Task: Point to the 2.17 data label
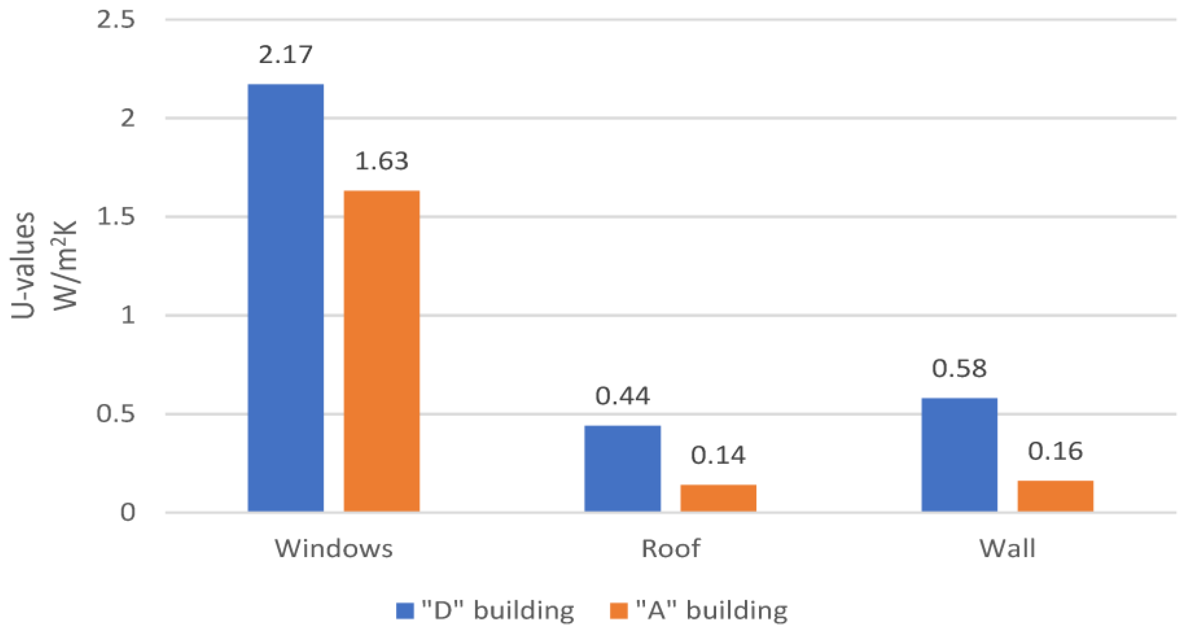[286, 55]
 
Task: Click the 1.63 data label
[381, 161]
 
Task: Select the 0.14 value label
[718, 456]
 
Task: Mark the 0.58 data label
[959, 368]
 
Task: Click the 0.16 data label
[1055, 451]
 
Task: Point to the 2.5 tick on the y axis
[116, 20]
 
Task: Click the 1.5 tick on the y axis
[116, 217]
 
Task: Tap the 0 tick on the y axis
[128, 512]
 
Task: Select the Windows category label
[334, 549]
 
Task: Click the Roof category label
[671, 549]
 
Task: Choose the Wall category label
[1008, 549]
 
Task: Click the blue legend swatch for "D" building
[405, 611]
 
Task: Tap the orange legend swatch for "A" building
[619, 611]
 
